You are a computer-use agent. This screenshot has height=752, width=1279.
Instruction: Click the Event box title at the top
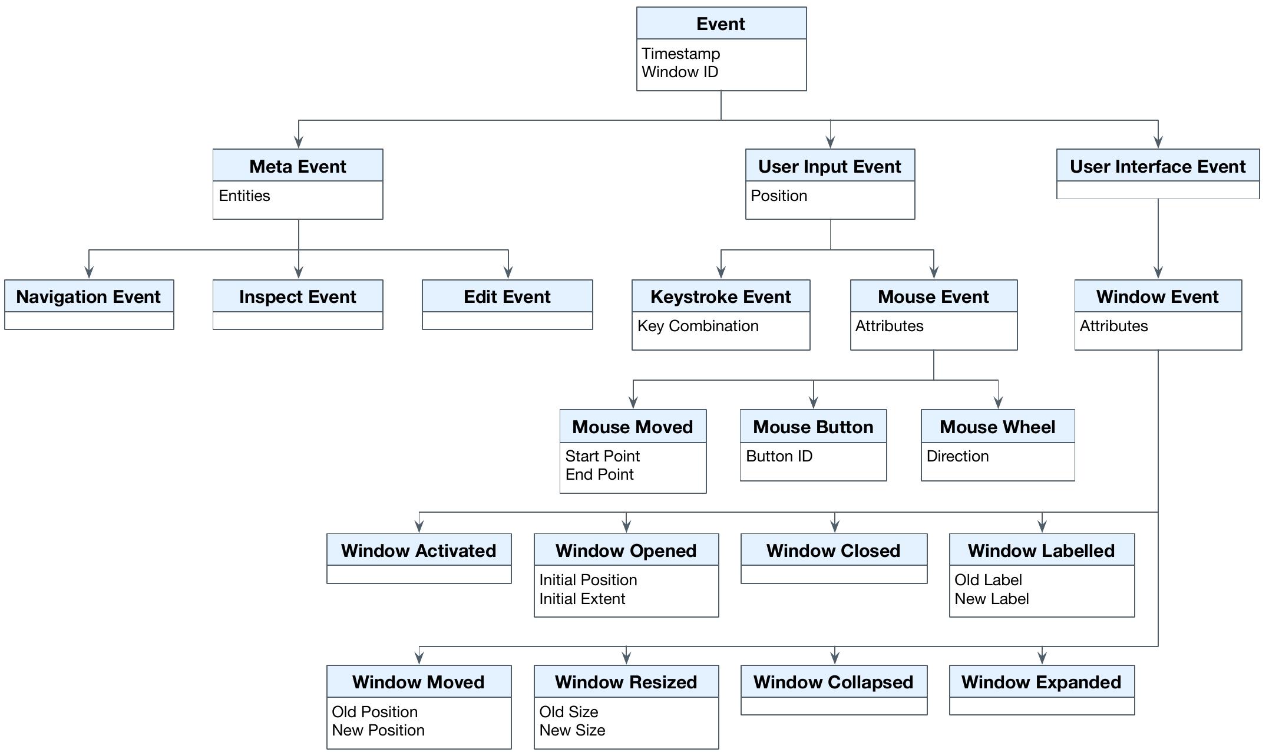(x=721, y=24)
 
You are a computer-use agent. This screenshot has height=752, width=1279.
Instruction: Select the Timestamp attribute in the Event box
(x=680, y=54)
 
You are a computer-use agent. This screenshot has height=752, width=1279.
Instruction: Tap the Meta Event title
(x=298, y=166)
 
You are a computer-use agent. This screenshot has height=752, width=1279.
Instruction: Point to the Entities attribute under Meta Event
(x=244, y=196)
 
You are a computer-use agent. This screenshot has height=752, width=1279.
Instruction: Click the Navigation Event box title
(x=88, y=296)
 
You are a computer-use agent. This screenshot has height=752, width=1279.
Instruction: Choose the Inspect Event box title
(x=298, y=296)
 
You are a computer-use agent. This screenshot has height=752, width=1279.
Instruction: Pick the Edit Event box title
(x=507, y=296)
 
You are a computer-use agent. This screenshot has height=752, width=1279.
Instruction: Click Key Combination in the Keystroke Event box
(x=698, y=326)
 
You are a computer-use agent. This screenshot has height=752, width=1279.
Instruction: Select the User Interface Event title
(x=1157, y=166)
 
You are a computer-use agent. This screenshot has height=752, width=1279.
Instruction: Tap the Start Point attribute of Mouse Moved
(x=602, y=456)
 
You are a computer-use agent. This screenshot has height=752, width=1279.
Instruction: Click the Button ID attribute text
(x=779, y=456)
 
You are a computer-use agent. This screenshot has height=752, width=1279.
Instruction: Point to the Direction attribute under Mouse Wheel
(x=957, y=456)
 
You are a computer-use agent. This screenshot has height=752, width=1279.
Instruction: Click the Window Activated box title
(x=418, y=550)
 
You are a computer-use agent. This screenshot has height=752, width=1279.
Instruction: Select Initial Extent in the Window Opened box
(x=582, y=599)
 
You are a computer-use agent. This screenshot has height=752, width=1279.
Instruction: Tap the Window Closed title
(x=833, y=550)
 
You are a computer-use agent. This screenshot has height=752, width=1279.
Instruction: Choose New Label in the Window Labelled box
(x=992, y=599)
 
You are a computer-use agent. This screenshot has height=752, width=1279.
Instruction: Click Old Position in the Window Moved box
(x=375, y=712)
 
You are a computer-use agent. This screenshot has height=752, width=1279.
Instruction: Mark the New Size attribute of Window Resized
(x=572, y=730)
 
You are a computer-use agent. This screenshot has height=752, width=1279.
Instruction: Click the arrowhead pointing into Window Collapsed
(x=834, y=658)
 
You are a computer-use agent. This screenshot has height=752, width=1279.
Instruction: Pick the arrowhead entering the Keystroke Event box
(x=721, y=272)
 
